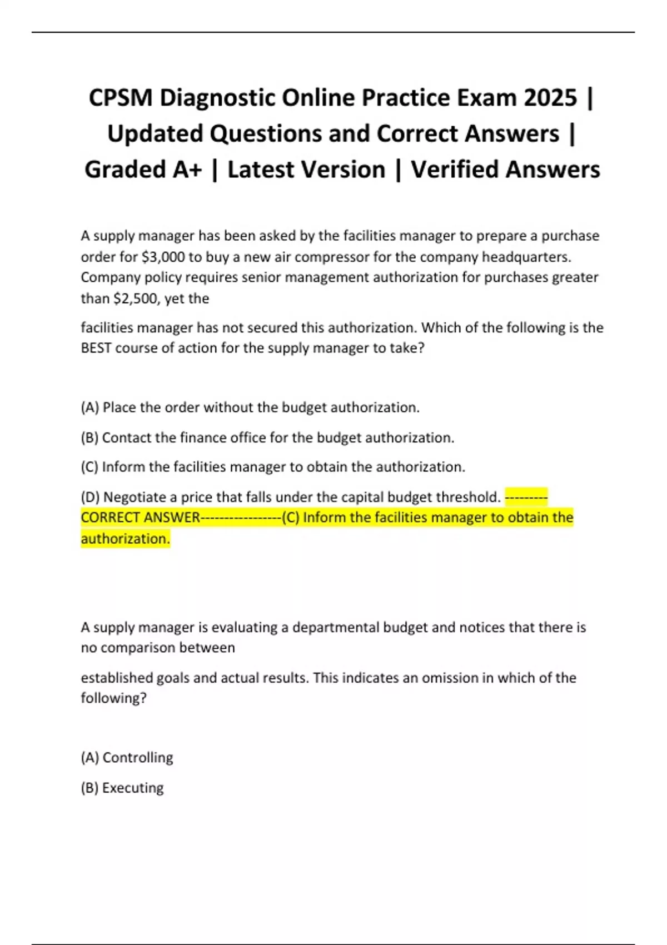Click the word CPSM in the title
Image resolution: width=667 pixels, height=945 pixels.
[x=120, y=98]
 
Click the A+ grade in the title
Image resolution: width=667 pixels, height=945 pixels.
[x=187, y=170]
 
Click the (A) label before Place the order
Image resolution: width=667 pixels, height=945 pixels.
[x=89, y=407]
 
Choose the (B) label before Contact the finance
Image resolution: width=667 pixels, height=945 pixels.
[x=89, y=438]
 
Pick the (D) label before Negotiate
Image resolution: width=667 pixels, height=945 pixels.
[x=90, y=497]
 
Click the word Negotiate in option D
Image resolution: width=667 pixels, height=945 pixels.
[x=132, y=497]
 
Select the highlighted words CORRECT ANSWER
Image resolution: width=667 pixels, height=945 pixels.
[x=140, y=518]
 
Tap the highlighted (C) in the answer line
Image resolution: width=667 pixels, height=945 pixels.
[x=291, y=518]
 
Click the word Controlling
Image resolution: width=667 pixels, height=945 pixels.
[x=138, y=758]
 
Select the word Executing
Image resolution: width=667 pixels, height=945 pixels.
[x=133, y=788]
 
